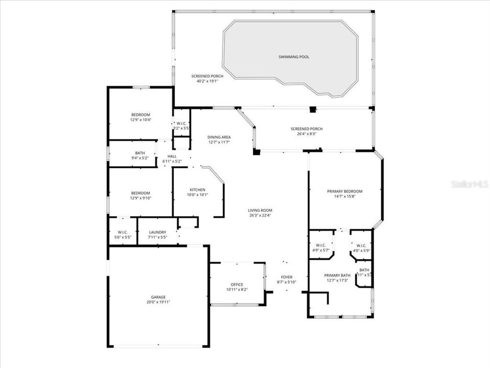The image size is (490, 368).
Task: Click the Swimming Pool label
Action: tap(293, 57)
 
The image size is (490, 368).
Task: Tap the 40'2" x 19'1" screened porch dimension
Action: tap(200, 81)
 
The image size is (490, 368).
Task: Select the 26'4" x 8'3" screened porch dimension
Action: tap(306, 134)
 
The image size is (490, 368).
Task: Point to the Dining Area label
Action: tap(218, 136)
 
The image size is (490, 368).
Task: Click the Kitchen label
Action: tap(198, 190)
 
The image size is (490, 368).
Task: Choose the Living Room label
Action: tap(260, 210)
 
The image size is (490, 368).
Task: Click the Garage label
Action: tap(158, 297)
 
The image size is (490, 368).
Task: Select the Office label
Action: tap(237, 284)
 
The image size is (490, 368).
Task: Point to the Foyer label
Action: tap(286, 277)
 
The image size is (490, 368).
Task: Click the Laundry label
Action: tap(157, 233)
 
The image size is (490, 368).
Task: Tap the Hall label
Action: tap(172, 156)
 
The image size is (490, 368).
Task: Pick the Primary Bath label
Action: tap(337, 275)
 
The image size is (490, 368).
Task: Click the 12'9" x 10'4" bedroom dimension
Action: tap(140, 120)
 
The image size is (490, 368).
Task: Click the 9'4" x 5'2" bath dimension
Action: tap(140, 158)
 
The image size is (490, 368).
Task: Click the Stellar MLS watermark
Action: tap(470, 183)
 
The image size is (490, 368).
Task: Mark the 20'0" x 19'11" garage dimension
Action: tap(158, 302)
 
